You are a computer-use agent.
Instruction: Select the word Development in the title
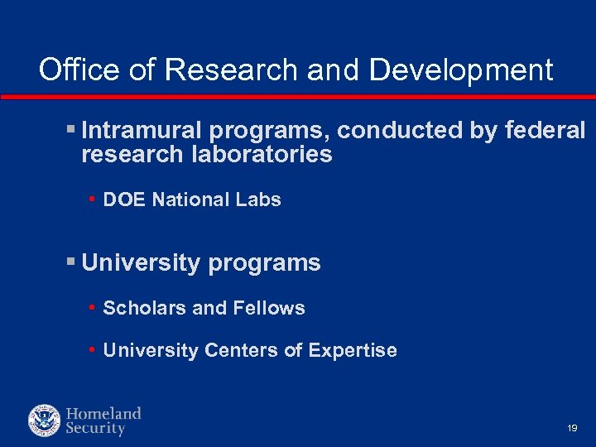(x=461, y=70)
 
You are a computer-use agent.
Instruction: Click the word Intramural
(x=142, y=131)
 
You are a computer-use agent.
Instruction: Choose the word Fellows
(x=269, y=308)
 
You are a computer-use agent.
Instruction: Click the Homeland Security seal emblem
(x=44, y=421)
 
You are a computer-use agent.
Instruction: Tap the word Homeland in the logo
(x=103, y=413)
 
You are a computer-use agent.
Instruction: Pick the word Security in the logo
(x=95, y=429)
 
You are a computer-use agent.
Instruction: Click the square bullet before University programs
(x=70, y=263)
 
